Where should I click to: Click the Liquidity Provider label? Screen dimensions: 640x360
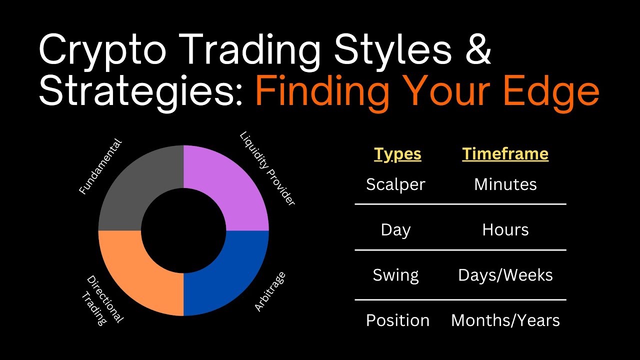(267, 168)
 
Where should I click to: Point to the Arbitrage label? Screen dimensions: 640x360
(269, 291)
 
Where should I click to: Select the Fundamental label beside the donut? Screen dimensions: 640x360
(100, 166)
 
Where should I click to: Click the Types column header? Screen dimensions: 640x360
(397, 154)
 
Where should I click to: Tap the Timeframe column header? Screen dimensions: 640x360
(505, 154)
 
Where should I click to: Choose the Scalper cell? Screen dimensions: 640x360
(395, 184)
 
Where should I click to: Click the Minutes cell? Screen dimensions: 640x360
(505, 184)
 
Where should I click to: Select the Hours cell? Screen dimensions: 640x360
(505, 229)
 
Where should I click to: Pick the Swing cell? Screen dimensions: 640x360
(395, 275)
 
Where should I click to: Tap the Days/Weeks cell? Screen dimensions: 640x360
(505, 275)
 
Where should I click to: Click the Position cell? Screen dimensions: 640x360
(397, 320)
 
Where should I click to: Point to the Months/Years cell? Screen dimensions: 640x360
(505, 320)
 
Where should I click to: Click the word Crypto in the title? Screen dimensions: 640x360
(102, 51)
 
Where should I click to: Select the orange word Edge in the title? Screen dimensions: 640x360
(551, 91)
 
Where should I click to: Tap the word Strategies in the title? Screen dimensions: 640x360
(140, 91)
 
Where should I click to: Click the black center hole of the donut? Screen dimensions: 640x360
(183, 230)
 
